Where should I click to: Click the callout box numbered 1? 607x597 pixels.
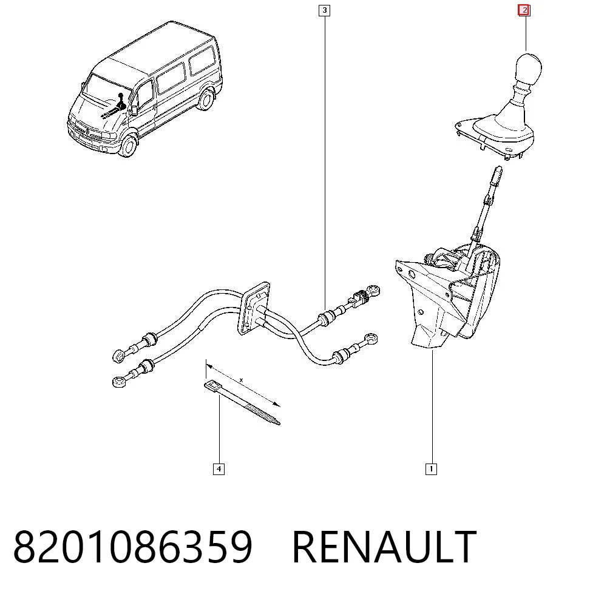[431, 469]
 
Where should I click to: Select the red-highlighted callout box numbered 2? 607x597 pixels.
[524, 10]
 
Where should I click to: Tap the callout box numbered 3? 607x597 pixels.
[324, 10]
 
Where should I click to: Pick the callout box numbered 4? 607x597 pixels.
[219, 469]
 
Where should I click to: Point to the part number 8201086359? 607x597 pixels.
[133, 547]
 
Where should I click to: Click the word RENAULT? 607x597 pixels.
[384, 547]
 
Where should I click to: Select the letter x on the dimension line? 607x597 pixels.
[241, 380]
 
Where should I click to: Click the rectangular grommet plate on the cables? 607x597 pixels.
[254, 309]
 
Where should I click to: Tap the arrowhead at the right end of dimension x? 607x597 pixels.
[276, 404]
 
